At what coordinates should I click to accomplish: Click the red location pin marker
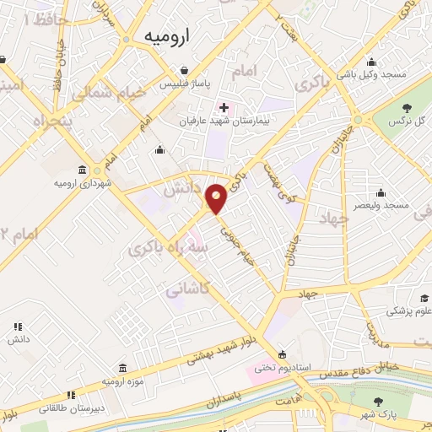(217, 198)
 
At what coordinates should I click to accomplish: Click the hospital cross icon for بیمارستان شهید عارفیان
(223, 107)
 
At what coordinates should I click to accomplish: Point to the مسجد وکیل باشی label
(373, 75)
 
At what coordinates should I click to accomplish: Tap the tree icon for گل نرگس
(407, 107)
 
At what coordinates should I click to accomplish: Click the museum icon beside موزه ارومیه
(123, 369)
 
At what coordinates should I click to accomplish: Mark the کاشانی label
(186, 289)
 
